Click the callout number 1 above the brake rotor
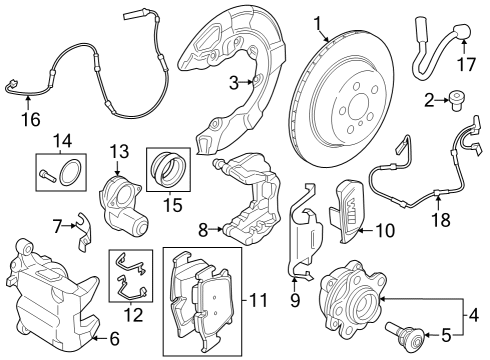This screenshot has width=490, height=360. pos(317,22)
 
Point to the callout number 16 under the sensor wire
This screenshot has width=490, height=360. pos(30,120)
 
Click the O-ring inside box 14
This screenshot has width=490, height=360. pos(69,174)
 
